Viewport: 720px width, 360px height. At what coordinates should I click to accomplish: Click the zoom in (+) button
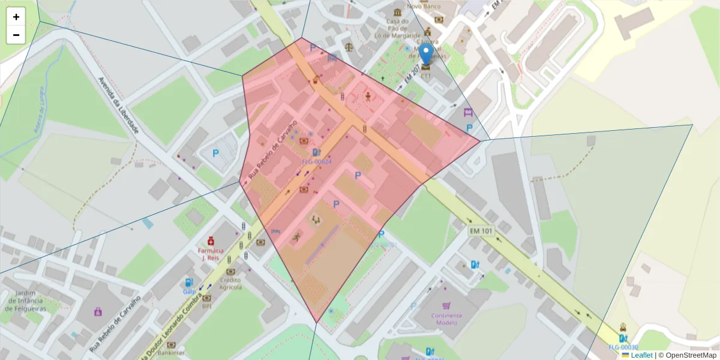click(16, 17)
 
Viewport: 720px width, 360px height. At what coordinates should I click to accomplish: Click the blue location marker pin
click(426, 54)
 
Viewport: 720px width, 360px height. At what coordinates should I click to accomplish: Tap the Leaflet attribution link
click(641, 355)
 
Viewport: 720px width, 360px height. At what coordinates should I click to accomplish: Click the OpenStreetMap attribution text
click(691, 355)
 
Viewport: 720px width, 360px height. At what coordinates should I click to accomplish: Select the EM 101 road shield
click(481, 230)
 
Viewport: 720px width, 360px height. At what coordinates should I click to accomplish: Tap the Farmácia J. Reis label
click(211, 254)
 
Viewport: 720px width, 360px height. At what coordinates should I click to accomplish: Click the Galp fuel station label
click(190, 292)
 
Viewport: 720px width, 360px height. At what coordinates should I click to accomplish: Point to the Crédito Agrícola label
click(231, 283)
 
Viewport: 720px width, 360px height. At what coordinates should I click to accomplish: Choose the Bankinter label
click(171, 353)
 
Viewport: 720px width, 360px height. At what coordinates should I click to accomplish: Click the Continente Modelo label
click(446, 319)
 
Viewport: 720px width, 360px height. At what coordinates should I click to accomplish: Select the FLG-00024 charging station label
click(316, 162)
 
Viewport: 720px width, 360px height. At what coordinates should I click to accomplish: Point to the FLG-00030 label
click(623, 347)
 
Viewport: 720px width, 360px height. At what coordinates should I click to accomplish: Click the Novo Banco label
click(424, 6)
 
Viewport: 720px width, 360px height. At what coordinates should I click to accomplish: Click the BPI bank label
click(207, 305)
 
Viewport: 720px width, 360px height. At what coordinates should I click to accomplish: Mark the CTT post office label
click(426, 76)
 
